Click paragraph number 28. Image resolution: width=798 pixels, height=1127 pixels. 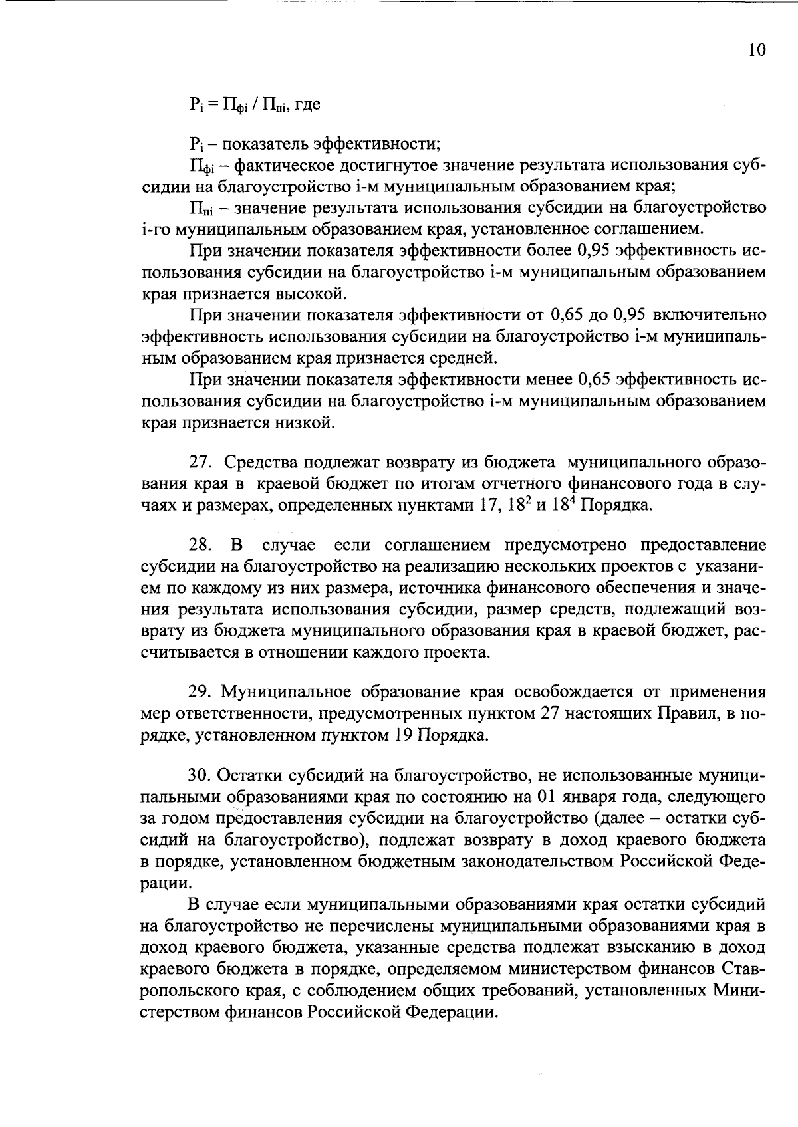[x=200, y=546]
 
